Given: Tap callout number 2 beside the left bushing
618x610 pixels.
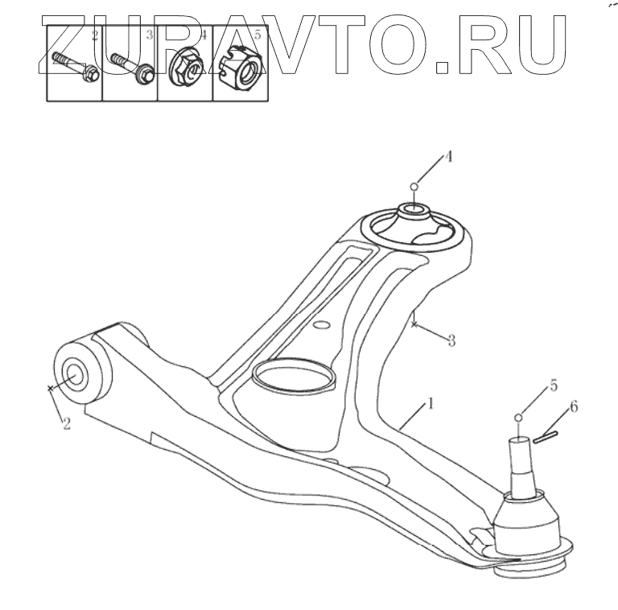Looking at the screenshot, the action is (66, 422).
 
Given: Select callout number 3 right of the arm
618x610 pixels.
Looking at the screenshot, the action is (451, 340).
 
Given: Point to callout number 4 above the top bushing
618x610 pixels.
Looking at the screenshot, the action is (447, 158).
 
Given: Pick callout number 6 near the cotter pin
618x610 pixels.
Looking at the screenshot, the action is (573, 408).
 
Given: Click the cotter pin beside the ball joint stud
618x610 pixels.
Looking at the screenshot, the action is (545, 435).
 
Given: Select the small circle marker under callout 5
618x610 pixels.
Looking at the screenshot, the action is (519, 416).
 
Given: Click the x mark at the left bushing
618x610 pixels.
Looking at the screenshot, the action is (50, 388).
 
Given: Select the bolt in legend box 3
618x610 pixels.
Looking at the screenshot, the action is (132, 67).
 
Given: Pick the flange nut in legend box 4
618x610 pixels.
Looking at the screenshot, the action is (186, 66).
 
